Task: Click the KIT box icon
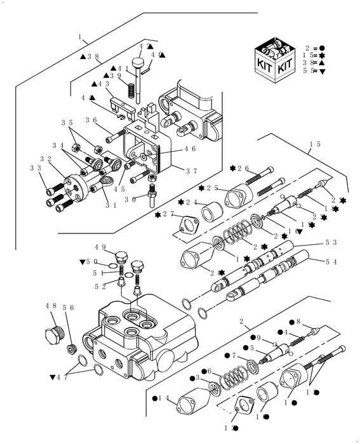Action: point(275,60)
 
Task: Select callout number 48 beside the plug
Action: point(51,306)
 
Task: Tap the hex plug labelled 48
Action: point(56,334)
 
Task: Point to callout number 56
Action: point(68,307)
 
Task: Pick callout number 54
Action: point(331,261)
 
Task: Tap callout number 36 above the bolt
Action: point(91,120)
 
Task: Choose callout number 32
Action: point(46,159)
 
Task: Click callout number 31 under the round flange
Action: point(110,205)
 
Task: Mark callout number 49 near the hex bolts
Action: point(100,247)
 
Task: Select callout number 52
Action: point(100,286)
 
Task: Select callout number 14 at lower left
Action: point(164,398)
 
